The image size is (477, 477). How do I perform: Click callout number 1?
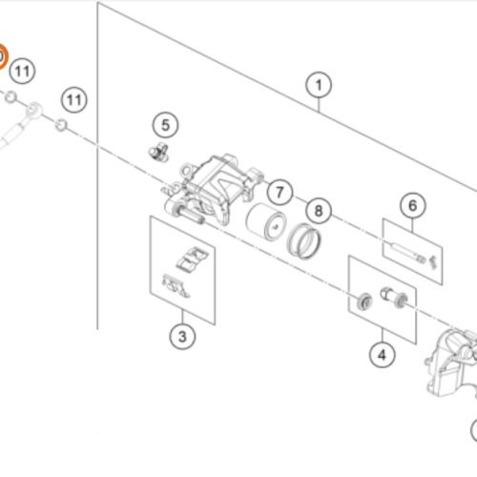[319, 85]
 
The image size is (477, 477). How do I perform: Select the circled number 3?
[182, 337]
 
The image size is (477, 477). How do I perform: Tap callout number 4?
[383, 355]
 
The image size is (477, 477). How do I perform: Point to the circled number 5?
[165, 125]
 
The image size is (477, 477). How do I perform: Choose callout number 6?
[413, 205]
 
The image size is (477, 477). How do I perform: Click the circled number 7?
[280, 192]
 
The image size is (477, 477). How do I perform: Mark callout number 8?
[319, 211]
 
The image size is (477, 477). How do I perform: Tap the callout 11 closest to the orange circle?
[22, 71]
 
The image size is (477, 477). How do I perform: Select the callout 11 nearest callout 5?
[74, 100]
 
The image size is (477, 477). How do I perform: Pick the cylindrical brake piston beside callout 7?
[266, 222]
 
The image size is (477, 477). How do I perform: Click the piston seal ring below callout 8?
[303, 241]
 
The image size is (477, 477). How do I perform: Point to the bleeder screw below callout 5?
[158, 152]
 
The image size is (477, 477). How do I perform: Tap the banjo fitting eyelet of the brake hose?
[33, 111]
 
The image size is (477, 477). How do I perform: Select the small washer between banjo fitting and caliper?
[61, 125]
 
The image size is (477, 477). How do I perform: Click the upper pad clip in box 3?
[193, 259]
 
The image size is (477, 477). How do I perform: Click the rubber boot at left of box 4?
[364, 301]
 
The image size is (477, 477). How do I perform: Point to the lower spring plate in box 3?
[176, 285]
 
